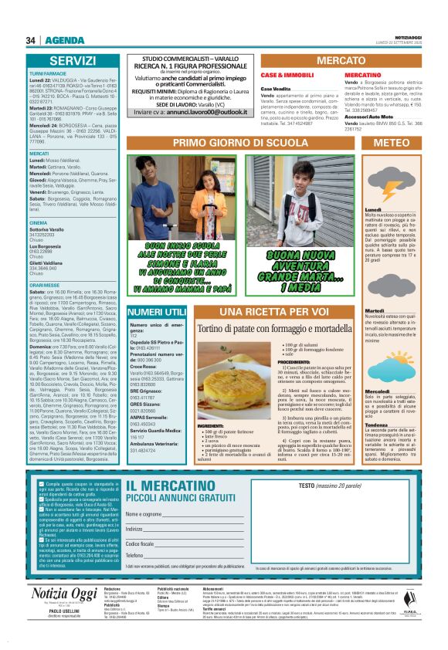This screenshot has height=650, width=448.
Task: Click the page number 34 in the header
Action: tap(32, 40)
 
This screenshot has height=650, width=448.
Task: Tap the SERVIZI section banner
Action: tap(73, 60)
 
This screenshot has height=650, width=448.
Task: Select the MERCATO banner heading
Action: tap(341, 59)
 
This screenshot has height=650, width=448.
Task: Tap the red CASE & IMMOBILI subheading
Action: tap(282, 75)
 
